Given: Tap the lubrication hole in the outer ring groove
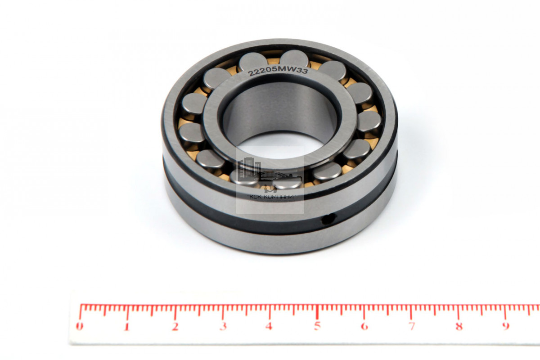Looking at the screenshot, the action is pyautogui.click(x=328, y=219).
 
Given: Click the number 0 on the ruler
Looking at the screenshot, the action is pyautogui.click(x=79, y=326).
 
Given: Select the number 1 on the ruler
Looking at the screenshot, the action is pyautogui.click(x=126, y=327).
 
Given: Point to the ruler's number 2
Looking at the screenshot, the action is pyautogui.click(x=175, y=327).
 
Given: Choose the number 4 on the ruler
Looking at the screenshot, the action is pyautogui.click(x=269, y=326).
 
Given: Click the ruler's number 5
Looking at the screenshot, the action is pyautogui.click(x=317, y=326).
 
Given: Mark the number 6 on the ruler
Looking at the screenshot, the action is pyautogui.click(x=364, y=326).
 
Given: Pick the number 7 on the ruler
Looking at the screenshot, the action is pyautogui.click(x=412, y=326).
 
